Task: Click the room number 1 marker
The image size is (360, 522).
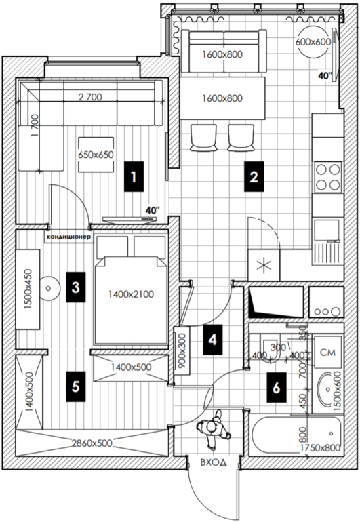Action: click(134, 176)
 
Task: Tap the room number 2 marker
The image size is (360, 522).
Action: click(254, 176)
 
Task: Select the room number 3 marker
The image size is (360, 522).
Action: click(76, 287)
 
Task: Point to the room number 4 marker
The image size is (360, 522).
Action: click(212, 340)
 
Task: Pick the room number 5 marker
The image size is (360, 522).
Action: click(76, 386)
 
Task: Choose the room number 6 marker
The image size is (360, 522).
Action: click(277, 388)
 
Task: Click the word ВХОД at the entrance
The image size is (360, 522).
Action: click(214, 462)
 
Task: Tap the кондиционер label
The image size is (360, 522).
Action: click(68, 237)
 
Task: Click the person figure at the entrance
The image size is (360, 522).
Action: click(214, 429)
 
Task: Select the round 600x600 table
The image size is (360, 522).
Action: click(313, 42)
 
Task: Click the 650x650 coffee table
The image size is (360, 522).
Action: click(96, 155)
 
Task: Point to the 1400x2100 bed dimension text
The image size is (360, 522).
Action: click(132, 294)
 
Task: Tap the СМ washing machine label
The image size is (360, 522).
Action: click(327, 353)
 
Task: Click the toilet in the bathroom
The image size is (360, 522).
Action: click(271, 350)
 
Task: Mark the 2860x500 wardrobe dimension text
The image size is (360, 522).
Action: click(92, 443)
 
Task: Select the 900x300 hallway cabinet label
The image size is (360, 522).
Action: click(182, 350)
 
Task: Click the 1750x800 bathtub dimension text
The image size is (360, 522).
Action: click(320, 448)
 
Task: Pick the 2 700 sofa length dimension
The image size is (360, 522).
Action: click(90, 97)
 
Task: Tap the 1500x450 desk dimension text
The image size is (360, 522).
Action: click(28, 289)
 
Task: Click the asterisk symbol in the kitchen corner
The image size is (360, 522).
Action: click(264, 265)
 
